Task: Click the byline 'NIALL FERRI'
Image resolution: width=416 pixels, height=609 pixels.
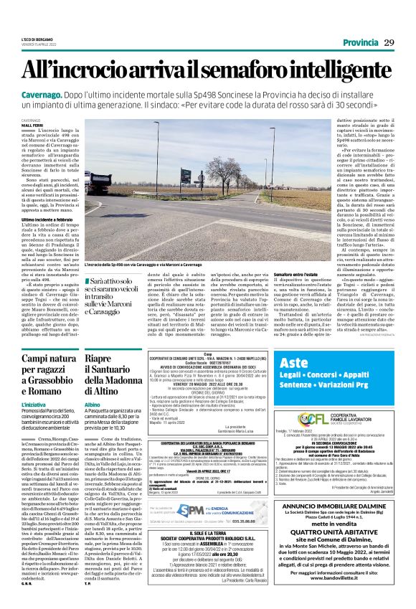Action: point(32,126)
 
